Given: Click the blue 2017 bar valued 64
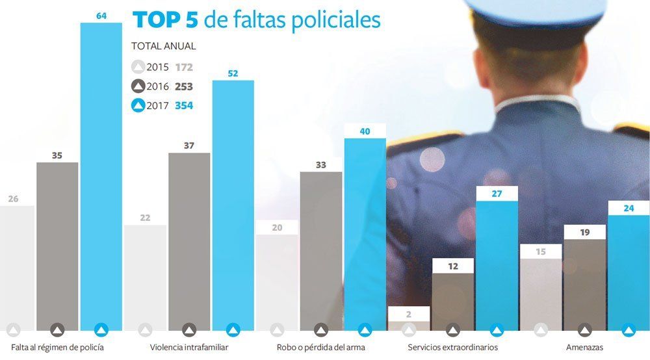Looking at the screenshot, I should point(101,175).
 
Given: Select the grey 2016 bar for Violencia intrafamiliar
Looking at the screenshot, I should point(189,240).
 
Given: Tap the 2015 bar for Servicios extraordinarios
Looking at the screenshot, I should point(409,326).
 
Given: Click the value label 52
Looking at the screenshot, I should point(233,73).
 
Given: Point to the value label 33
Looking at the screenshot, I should point(320,165).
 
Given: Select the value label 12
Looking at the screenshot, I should point(452,266).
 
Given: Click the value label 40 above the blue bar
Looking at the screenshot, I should point(365,131).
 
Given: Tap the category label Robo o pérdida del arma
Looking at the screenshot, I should point(320,348).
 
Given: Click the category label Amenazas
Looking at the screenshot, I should point(585,348).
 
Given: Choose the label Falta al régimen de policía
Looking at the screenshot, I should point(57,348).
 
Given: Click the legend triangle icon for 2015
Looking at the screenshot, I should point(138,67).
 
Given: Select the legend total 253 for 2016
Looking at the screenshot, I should point(184,86).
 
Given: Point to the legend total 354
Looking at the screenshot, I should point(184,106).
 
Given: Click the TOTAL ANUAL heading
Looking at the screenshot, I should point(163,46).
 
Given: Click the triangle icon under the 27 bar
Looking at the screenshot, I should point(497,330).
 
